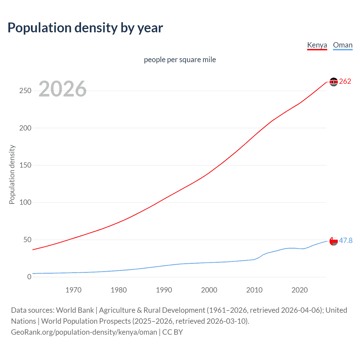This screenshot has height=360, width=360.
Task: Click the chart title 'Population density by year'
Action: [85, 28]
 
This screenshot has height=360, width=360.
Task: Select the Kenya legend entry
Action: [317, 45]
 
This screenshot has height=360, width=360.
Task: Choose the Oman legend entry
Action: [343, 45]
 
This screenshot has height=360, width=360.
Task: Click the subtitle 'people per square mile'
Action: [180, 60]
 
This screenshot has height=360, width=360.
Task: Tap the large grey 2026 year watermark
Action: [62, 89]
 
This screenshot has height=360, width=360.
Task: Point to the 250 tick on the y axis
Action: [25, 91]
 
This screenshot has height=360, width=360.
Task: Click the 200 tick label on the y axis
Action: [25, 128]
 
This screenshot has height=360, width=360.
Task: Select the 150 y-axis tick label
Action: [25, 165]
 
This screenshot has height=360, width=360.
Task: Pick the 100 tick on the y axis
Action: [25, 202]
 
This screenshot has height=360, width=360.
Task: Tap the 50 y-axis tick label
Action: [27, 240]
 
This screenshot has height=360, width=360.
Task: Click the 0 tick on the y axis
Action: [29, 277]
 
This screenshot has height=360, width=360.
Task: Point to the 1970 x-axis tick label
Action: [73, 290]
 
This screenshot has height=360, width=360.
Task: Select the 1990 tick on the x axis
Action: [164, 290]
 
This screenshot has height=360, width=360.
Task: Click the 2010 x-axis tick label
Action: [254, 290]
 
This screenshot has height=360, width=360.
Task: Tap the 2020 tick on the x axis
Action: [300, 290]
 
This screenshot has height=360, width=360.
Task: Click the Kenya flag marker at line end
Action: [334, 82]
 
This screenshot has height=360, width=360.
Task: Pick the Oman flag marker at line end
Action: [334, 241]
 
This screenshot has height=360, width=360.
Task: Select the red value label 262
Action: [345, 82]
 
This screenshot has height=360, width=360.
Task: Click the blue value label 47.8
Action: [346, 240]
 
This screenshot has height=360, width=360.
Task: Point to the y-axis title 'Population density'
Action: [12, 174]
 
